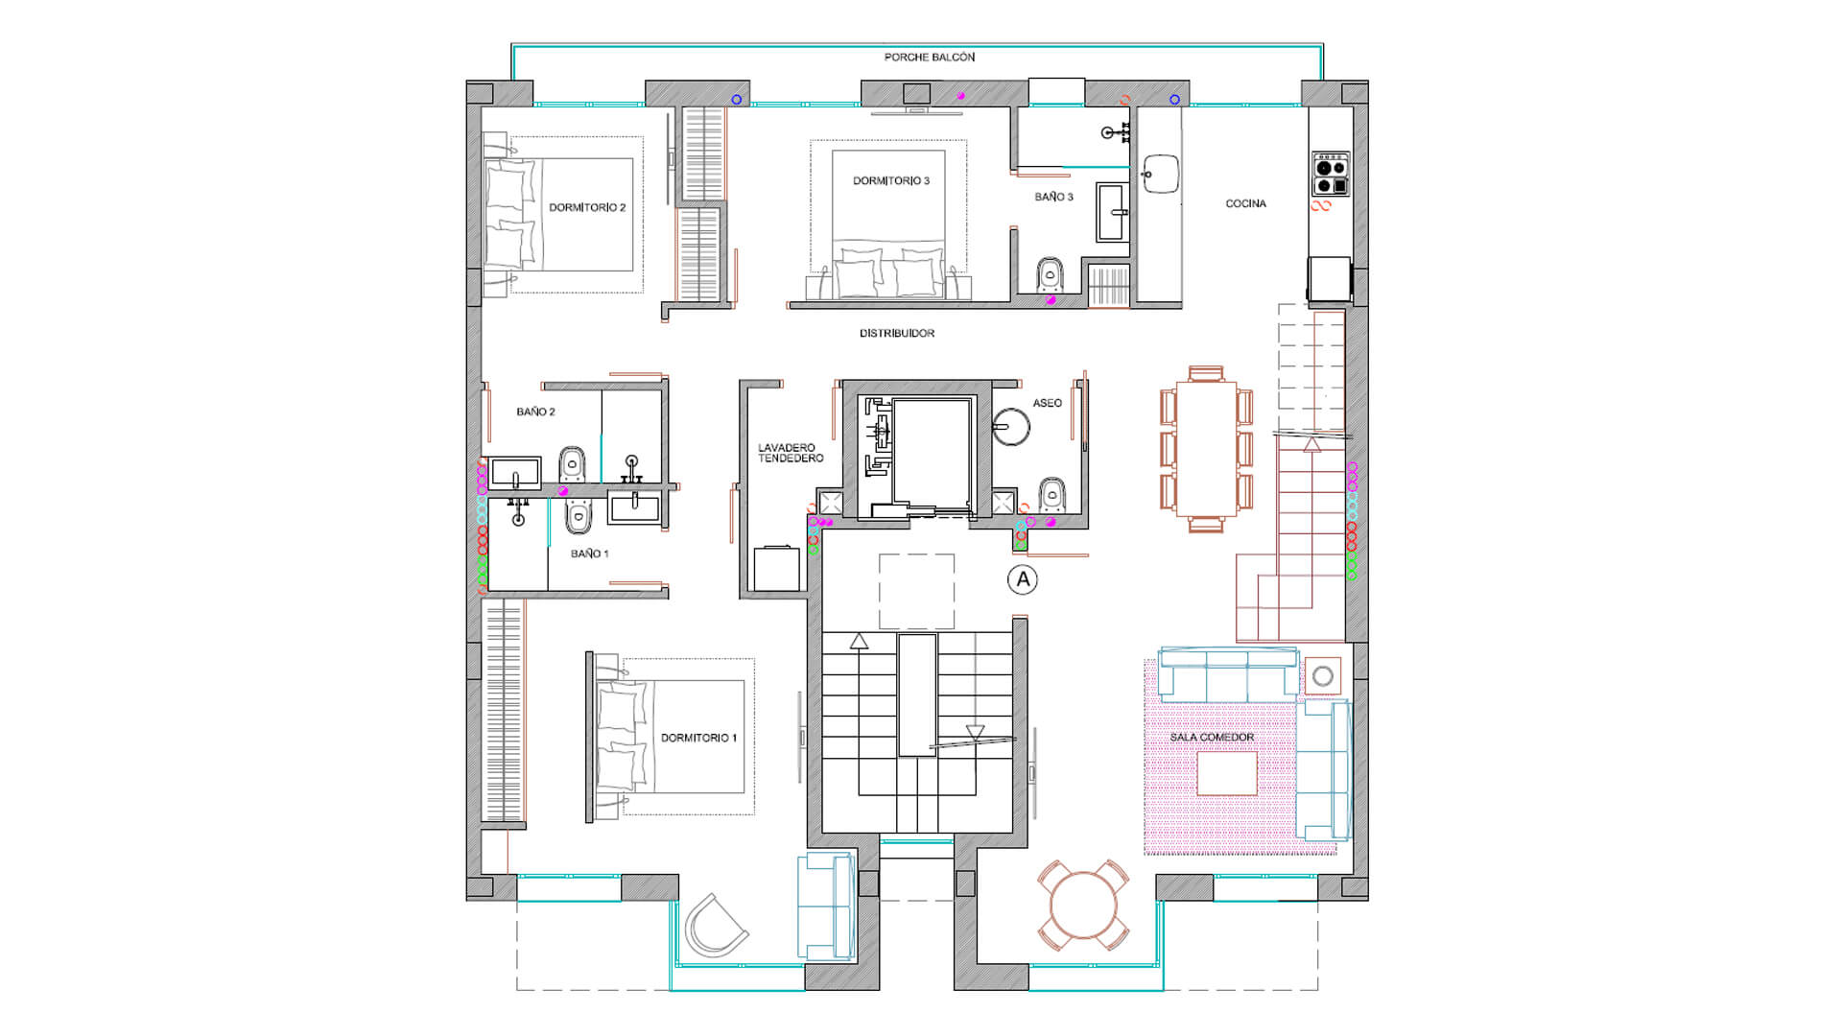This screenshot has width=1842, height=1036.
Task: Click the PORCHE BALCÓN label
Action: pyautogui.click(x=929, y=58)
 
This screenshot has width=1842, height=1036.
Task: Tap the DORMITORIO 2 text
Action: pyautogui.click(x=587, y=207)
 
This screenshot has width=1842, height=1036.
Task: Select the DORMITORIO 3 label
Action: pyautogui.click(x=891, y=180)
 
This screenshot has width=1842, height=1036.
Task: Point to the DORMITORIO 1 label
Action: pyautogui.click(x=698, y=738)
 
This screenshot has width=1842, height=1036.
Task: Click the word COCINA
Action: pyautogui.click(x=1245, y=203)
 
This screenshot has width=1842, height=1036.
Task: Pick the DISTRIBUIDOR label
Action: pyautogui.click(x=897, y=333)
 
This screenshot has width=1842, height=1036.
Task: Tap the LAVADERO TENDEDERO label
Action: pyautogui.click(x=791, y=453)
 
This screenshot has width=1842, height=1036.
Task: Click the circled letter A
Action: pyautogui.click(x=1023, y=579)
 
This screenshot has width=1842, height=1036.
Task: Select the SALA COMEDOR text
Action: pyautogui.click(x=1212, y=737)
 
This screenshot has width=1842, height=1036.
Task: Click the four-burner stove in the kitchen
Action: pyautogui.click(x=1331, y=174)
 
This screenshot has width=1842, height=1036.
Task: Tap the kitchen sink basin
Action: pyautogui.click(x=1161, y=174)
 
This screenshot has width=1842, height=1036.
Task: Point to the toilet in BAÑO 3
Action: pyautogui.click(x=1051, y=274)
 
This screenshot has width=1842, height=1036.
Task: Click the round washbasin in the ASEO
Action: pyautogui.click(x=1011, y=427)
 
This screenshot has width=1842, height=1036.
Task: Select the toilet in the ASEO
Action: pyautogui.click(x=1052, y=494)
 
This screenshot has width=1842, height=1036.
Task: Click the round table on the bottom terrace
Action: pyautogui.click(x=1083, y=905)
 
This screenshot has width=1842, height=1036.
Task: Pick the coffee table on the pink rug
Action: pyautogui.click(x=1227, y=773)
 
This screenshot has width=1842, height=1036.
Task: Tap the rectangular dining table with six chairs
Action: pyautogui.click(x=1206, y=449)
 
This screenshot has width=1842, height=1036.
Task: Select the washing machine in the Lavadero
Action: pyautogui.click(x=776, y=569)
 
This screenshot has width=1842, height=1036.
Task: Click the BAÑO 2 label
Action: pyautogui.click(x=535, y=412)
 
